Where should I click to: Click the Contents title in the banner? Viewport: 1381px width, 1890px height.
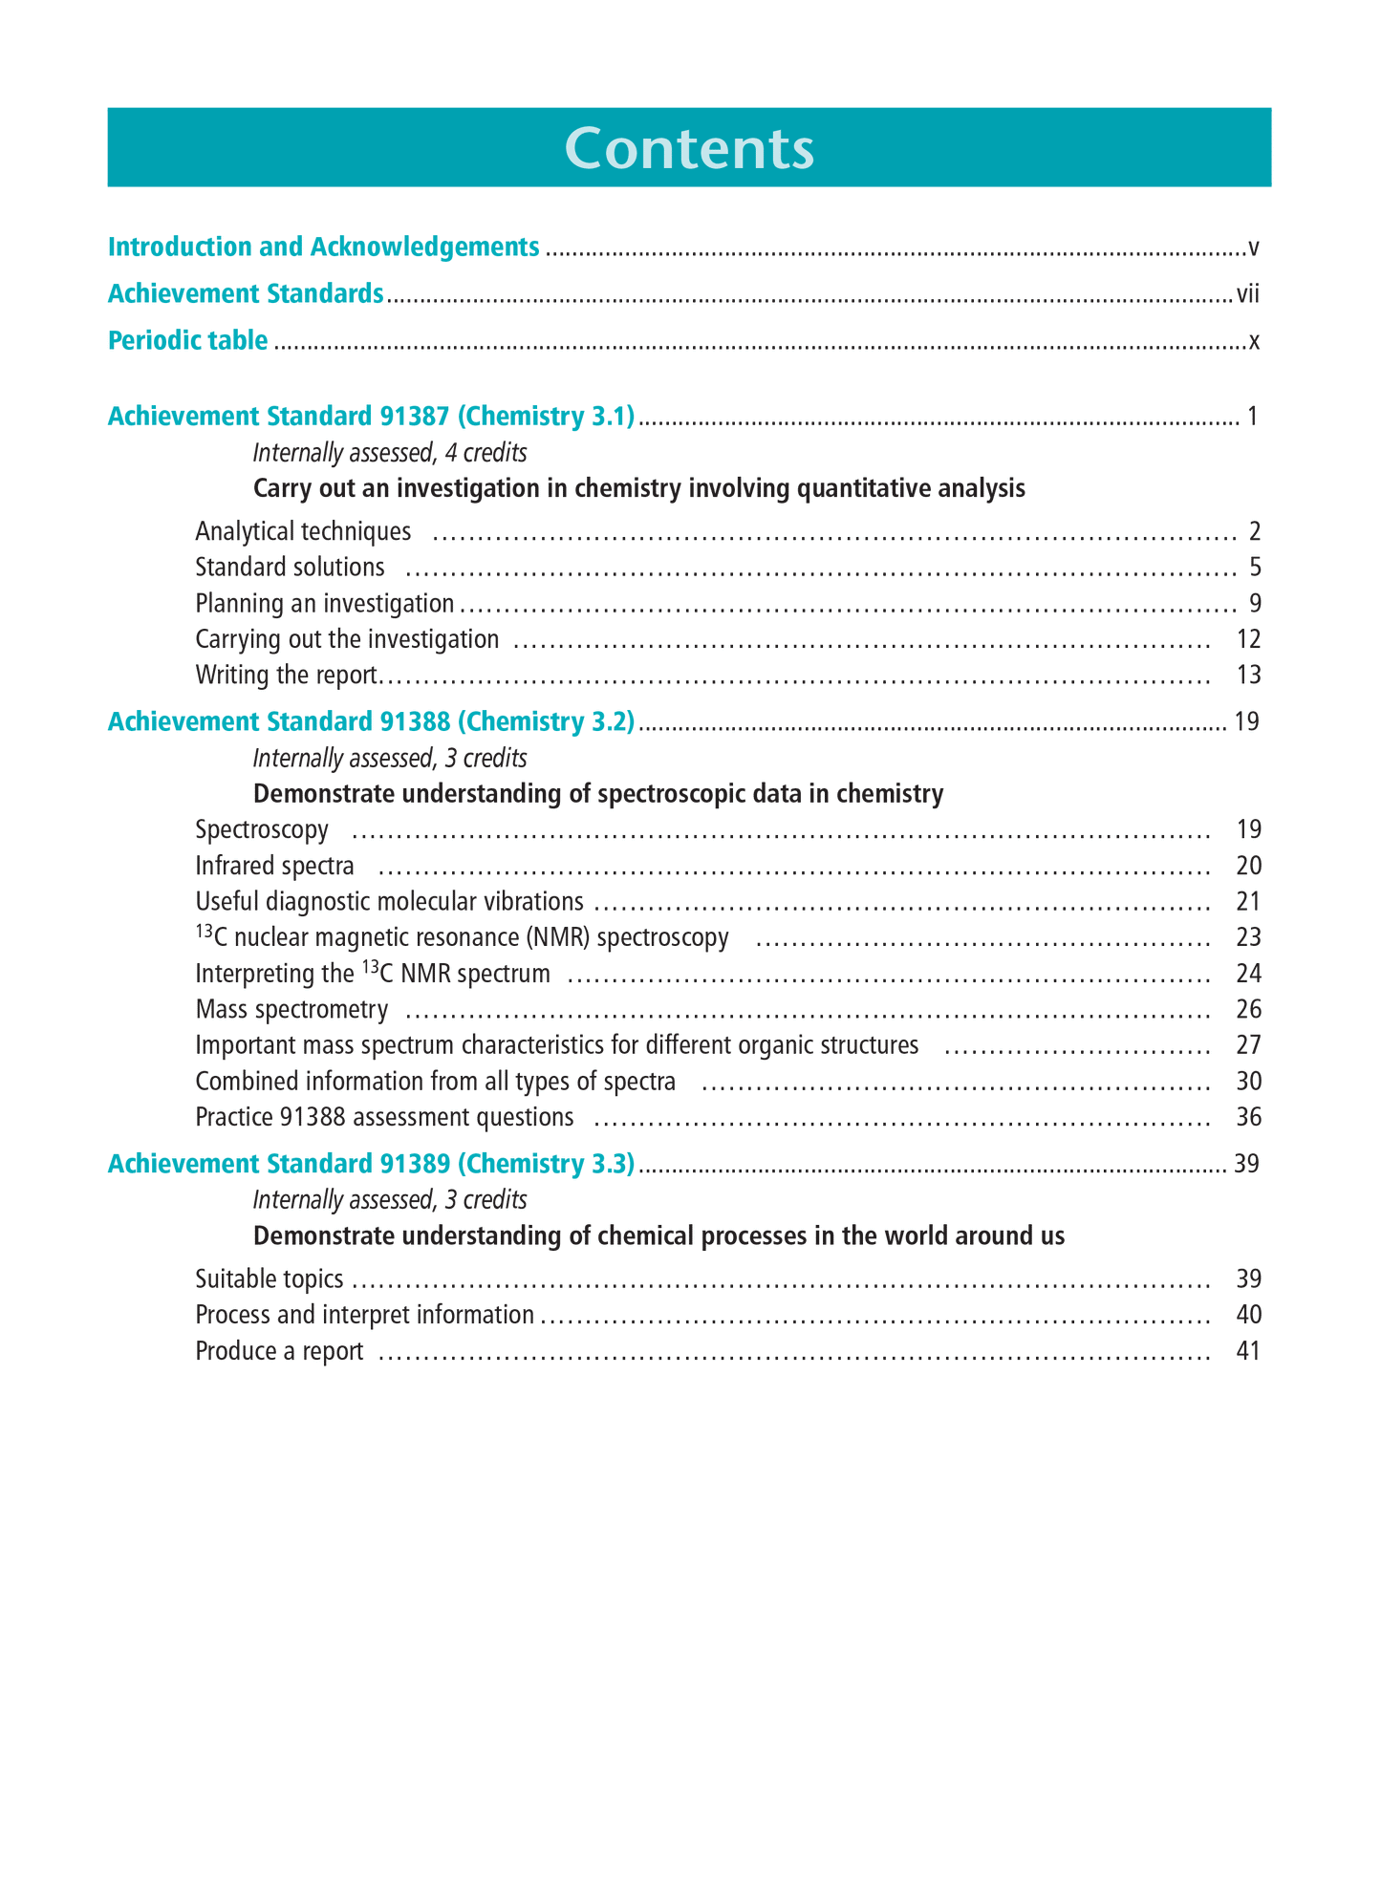[689, 149]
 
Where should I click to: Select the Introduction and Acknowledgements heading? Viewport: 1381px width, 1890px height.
[323, 247]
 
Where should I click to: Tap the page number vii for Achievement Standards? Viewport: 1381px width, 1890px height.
[1247, 294]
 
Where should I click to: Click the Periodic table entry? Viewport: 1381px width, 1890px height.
[187, 340]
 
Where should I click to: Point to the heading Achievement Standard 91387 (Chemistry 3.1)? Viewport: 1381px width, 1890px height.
[371, 417]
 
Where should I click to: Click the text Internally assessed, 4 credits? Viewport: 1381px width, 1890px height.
[389, 452]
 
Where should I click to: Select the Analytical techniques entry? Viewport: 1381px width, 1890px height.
[303, 531]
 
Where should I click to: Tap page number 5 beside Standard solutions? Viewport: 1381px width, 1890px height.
[1254, 568]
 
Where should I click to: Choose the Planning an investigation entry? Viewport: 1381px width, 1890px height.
[324, 604]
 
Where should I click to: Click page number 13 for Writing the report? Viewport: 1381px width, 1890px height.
[1248, 676]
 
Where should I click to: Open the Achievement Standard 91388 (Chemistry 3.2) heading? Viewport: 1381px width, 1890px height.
[371, 721]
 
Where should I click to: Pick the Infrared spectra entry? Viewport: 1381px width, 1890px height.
[274, 866]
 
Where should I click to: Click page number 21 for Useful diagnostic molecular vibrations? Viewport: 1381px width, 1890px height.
[1248, 902]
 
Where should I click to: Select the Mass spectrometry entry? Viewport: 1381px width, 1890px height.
[291, 1010]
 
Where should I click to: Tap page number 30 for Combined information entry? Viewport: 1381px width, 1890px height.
[1248, 1082]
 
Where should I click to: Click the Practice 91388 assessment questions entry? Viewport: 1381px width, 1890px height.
[384, 1117]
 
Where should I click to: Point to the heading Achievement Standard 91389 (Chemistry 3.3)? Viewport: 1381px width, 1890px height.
[371, 1164]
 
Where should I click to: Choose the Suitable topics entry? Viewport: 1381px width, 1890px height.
[269, 1279]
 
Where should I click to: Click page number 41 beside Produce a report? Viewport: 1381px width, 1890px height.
[1248, 1351]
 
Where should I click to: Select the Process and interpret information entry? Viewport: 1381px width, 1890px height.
[364, 1315]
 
